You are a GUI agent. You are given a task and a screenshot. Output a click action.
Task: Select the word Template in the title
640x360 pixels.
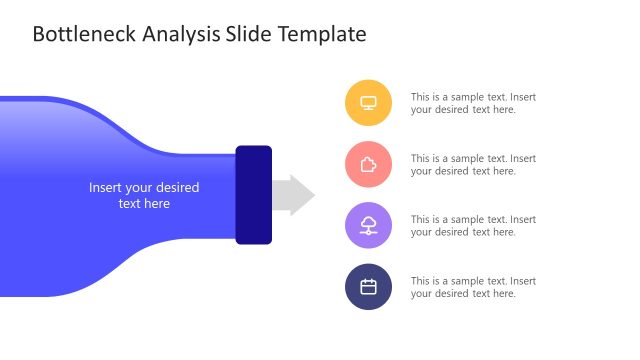(321, 35)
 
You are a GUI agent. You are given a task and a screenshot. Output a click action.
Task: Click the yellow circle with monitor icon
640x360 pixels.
(368, 102)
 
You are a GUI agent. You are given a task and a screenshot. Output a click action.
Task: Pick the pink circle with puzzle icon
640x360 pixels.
(368, 164)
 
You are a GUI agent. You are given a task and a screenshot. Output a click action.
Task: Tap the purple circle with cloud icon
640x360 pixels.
(368, 225)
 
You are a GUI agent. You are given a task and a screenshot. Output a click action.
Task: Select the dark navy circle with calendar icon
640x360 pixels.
(368, 287)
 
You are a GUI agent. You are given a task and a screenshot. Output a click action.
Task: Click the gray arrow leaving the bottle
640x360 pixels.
(293, 195)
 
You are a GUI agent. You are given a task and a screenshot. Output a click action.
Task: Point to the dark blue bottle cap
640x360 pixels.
(254, 195)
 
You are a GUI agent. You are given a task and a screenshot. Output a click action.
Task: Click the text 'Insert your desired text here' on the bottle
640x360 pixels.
(144, 195)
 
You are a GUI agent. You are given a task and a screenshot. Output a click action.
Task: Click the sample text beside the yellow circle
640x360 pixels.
(473, 103)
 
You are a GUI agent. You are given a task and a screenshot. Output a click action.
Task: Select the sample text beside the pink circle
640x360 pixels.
(473, 164)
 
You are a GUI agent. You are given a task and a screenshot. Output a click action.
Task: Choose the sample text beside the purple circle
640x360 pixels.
(473, 225)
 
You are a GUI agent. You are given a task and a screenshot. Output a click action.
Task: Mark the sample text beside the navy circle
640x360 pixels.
(473, 287)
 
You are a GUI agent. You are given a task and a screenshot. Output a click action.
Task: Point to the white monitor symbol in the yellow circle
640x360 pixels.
(368, 102)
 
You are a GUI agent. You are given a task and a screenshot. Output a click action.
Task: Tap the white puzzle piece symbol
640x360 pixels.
(368, 164)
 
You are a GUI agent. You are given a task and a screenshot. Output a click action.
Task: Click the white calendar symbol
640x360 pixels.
(368, 287)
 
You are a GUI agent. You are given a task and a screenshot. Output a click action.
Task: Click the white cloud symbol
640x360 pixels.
(368, 223)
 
